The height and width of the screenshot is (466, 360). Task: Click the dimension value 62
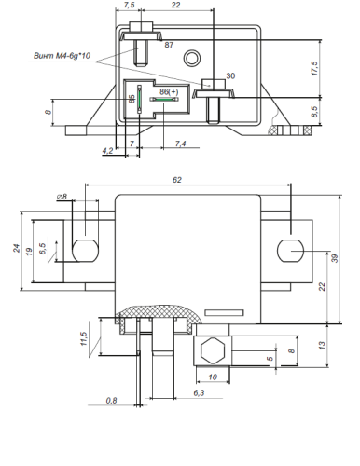176,180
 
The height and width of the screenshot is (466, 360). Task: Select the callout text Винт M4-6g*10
62,56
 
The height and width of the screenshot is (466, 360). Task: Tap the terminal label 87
169,45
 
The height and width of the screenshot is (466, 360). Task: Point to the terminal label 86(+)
169,92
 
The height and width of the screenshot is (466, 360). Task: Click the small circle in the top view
192,58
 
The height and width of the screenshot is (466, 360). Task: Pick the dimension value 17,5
314,68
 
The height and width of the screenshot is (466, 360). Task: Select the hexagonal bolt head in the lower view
213,350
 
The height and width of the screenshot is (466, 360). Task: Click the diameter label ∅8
62,197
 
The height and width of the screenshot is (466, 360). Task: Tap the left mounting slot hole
85,251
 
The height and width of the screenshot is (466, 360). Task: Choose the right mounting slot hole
290,251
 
